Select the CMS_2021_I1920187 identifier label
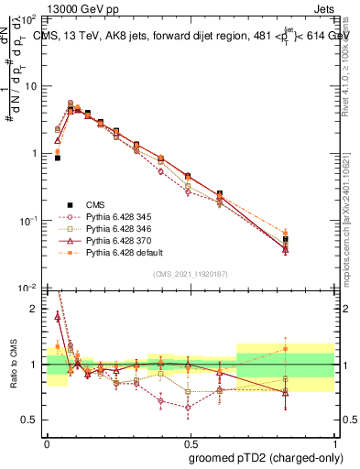pyautogui.click(x=190, y=272)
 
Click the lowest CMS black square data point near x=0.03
pyautogui.click(x=57, y=158)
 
